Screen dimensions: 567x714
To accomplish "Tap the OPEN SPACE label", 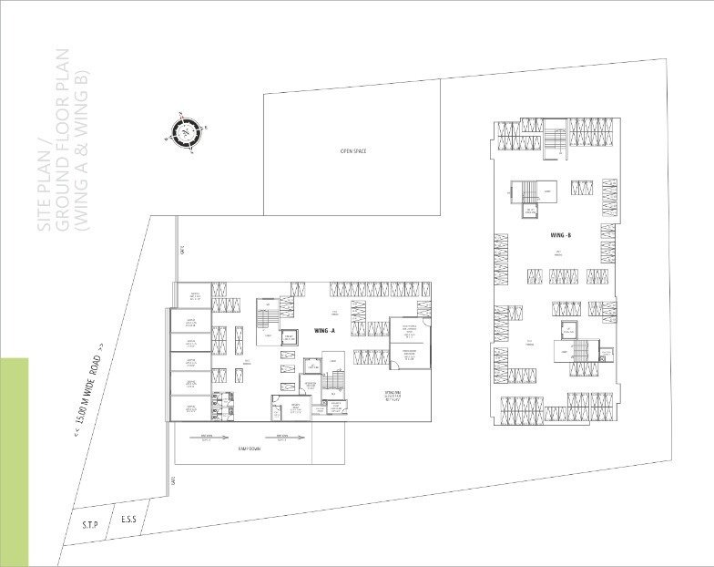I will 352,150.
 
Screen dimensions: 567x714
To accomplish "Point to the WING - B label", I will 561,236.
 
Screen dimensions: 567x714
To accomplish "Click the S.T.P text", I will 89,524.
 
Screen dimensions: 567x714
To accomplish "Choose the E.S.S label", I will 129,521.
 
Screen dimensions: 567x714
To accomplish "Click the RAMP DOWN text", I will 250,449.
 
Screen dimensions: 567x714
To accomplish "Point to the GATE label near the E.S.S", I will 170,481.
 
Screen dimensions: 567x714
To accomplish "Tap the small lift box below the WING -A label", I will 291,336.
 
